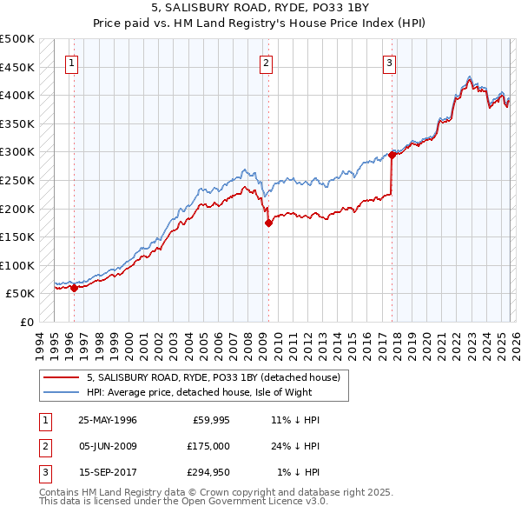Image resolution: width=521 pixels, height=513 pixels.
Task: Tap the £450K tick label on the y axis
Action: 17,67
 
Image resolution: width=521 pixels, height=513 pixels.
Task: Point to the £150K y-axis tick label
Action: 17,237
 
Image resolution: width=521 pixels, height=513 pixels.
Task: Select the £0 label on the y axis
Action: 26,322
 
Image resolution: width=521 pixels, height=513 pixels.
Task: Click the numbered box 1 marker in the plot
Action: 70,63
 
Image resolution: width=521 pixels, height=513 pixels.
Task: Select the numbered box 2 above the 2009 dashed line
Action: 265,63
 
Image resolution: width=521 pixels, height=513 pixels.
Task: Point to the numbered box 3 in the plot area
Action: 390,63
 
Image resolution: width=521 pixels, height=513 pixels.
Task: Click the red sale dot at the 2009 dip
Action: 268,223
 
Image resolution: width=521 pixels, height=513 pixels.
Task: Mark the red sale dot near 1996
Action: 74,288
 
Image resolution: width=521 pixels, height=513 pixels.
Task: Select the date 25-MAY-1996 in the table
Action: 108,420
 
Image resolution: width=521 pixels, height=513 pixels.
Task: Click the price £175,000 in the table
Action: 208,446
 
